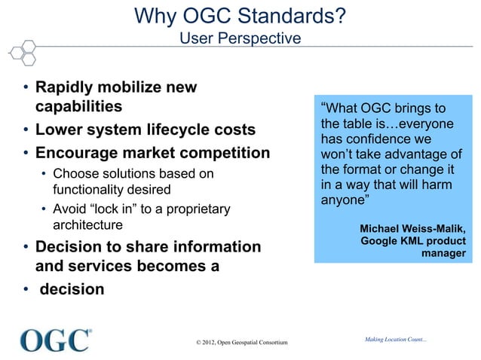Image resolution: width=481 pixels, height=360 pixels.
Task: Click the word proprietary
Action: [192, 208]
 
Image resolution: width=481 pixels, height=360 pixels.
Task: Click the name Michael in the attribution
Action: [384, 228]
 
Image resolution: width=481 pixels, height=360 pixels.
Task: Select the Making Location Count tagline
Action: [396, 339]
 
